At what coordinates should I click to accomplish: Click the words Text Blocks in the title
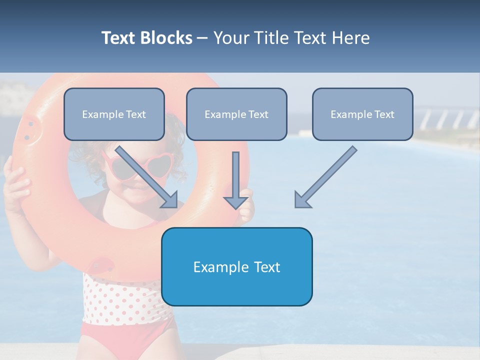146,38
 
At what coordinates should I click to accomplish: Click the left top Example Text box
114,114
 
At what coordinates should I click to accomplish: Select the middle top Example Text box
236,114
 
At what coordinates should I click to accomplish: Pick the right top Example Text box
362,114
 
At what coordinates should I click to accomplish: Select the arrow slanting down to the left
325,177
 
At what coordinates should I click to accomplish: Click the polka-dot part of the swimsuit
120,300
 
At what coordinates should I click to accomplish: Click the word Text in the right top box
384,114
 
